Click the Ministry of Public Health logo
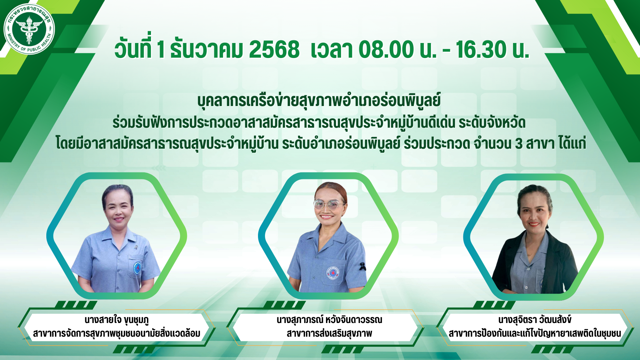pos(29,29)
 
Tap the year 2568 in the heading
pos(274,50)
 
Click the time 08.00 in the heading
pos(386,50)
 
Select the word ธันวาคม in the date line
pos(206,50)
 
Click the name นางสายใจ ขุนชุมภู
pos(117,320)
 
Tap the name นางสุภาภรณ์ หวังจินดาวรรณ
pos(329,320)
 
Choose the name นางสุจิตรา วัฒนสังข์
pos(535,320)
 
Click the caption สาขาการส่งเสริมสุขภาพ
pos(329,333)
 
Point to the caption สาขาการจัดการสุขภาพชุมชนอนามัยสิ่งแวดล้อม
pos(117,333)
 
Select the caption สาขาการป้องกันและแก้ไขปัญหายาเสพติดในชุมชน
pos(535,333)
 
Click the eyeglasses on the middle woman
pos(329,204)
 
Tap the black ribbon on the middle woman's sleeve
pos(362,266)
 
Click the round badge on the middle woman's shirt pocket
pos(333,273)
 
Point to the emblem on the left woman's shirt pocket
pos(137,268)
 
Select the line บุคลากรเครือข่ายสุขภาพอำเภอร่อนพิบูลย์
pos(319,101)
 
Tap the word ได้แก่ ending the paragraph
pos(573,143)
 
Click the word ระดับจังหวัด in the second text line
pos(492,123)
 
